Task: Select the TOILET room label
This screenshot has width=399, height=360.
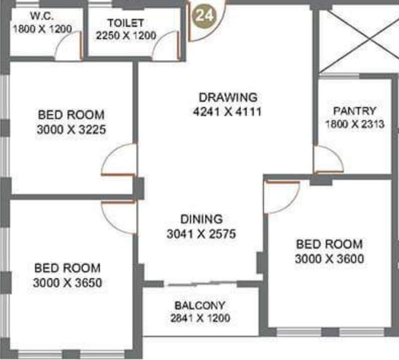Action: (125, 23)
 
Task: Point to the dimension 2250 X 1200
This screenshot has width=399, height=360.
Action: (126, 36)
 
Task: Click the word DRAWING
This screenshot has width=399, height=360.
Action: (228, 97)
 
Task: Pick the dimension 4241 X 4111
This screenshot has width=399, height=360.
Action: (227, 112)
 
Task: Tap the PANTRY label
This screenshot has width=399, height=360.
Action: (354, 111)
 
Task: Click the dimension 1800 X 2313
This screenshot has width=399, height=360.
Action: (355, 124)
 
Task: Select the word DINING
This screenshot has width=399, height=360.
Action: (201, 219)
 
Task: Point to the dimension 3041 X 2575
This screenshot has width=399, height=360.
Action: (201, 233)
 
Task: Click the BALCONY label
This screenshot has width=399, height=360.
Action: (200, 306)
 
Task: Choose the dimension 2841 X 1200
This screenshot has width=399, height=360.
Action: (200, 318)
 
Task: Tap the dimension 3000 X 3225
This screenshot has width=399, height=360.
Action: (71, 129)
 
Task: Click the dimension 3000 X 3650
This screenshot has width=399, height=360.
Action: (68, 283)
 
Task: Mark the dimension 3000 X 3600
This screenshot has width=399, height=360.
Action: (329, 259)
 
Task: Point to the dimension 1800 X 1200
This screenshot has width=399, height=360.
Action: (42, 29)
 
